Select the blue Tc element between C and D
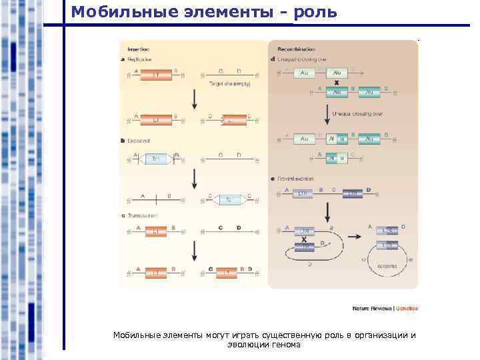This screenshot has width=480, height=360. pos(228,199)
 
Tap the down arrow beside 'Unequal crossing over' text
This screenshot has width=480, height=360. pos(327,113)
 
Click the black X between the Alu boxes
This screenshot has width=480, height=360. pos(336,81)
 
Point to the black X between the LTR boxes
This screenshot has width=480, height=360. pos(303,239)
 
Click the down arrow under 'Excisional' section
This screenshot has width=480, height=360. pos(193,178)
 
